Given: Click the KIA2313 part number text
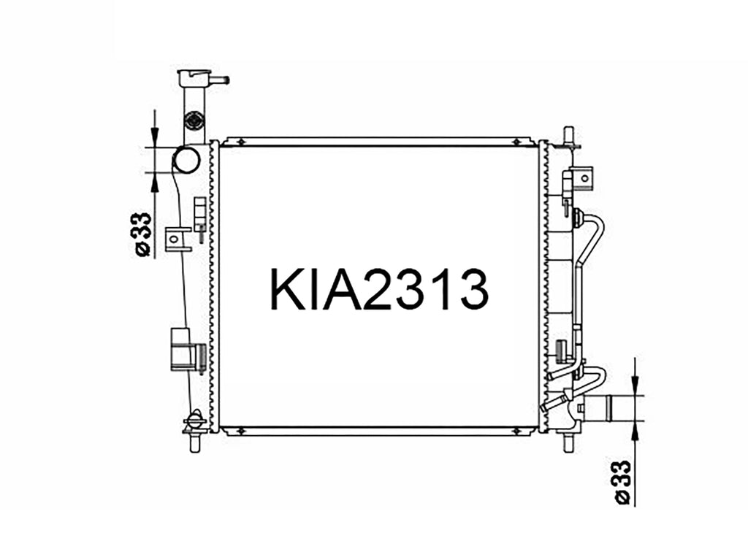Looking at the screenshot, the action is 379,289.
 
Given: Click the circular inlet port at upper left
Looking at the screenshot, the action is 186,159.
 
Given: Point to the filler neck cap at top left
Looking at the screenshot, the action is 195,77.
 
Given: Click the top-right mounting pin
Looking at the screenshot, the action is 568,135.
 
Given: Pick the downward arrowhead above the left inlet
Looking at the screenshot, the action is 154,134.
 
